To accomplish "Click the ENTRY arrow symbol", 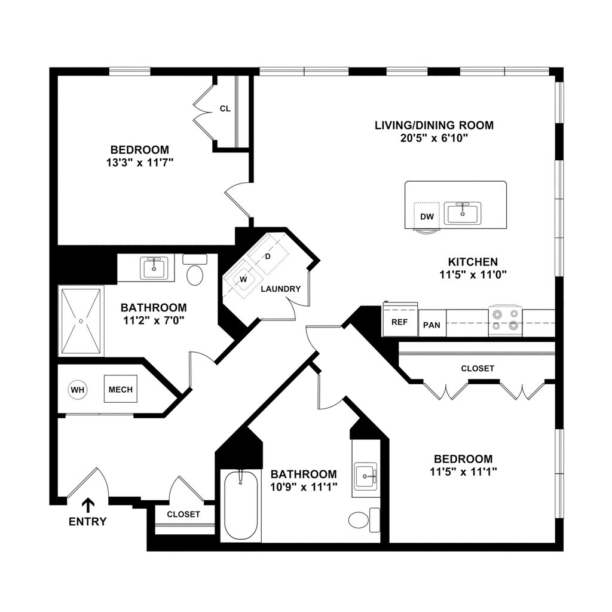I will point(88,504).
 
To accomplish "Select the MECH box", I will point(121,390).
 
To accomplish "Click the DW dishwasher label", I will point(427,216).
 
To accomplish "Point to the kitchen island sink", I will point(462,213).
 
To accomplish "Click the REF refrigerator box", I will point(399,322).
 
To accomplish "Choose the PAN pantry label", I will point(432,325).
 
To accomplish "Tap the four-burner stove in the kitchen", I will point(505,320).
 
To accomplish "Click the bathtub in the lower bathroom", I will point(241,506).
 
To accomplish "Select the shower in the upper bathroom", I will point(81,320).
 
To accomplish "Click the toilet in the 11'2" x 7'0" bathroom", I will point(195,272).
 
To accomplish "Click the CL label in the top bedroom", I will point(225,109).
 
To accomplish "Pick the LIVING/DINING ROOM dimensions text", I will point(434,139).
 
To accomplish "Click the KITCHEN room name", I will point(473,262).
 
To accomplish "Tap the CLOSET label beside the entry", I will point(183,515).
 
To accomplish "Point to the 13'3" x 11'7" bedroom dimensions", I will point(139,162).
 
